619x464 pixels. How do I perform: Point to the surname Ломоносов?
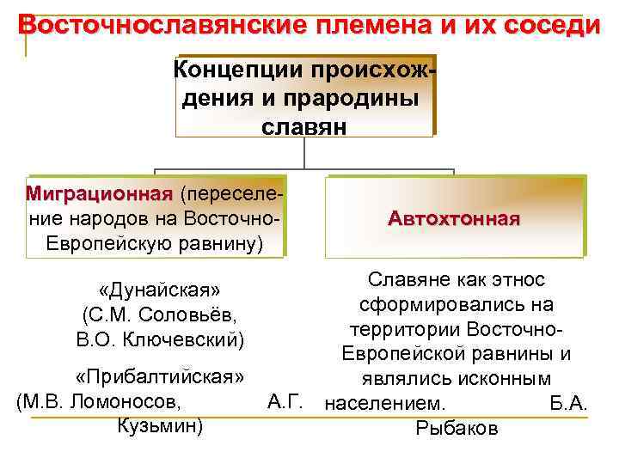pos(134,400)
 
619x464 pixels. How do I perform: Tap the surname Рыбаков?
pos(456,428)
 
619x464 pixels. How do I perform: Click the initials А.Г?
pos(284,400)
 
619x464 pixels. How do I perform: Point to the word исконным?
pos(502,379)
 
